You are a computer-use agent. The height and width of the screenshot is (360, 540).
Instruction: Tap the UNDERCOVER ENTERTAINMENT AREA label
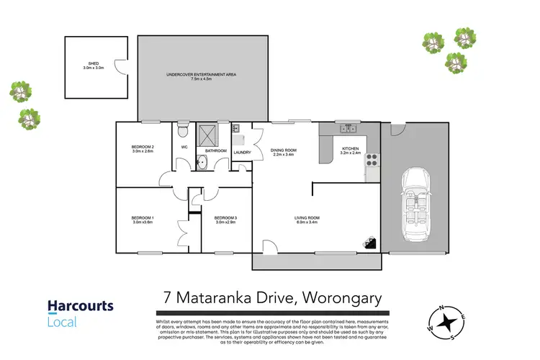(x=201, y=75)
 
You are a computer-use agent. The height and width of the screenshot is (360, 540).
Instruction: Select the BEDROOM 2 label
(x=143, y=148)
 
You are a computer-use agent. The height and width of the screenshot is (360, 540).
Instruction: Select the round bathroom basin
(x=203, y=162)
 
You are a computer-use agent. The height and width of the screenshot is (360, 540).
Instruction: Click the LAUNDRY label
(x=241, y=152)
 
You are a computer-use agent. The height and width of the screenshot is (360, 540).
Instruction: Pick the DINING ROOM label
(x=283, y=151)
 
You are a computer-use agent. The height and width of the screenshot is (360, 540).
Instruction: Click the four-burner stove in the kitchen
(x=373, y=160)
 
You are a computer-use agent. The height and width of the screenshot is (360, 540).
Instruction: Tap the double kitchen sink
(x=348, y=129)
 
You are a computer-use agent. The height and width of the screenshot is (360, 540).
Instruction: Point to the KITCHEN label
(x=350, y=150)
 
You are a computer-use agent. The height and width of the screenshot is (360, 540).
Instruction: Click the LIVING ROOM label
(x=306, y=219)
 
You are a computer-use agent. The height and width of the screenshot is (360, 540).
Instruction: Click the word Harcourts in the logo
(x=80, y=306)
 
